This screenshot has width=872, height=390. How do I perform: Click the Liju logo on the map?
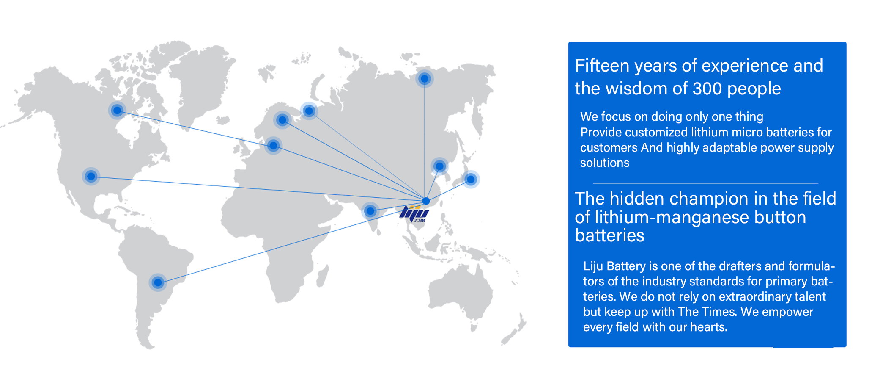tap(414, 213)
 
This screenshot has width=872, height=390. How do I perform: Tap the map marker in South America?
tap(158, 282)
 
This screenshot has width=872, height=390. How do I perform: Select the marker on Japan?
tap(471, 180)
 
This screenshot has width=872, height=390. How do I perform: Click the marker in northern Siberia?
tap(425, 79)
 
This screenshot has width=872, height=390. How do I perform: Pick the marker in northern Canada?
tap(117, 111)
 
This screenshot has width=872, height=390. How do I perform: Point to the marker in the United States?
tap(91, 176)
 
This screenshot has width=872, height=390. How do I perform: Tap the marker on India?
tap(370, 211)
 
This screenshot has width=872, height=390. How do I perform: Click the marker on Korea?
tap(439, 166)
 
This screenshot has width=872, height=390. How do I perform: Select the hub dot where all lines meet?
tap(426, 201)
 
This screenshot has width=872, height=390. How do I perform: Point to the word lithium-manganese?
tap(661, 217)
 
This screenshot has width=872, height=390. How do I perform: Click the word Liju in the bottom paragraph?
tap(593, 266)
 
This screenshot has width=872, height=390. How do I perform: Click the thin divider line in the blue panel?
tap(705, 183)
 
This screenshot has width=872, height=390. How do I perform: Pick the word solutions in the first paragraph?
tap(605, 163)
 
